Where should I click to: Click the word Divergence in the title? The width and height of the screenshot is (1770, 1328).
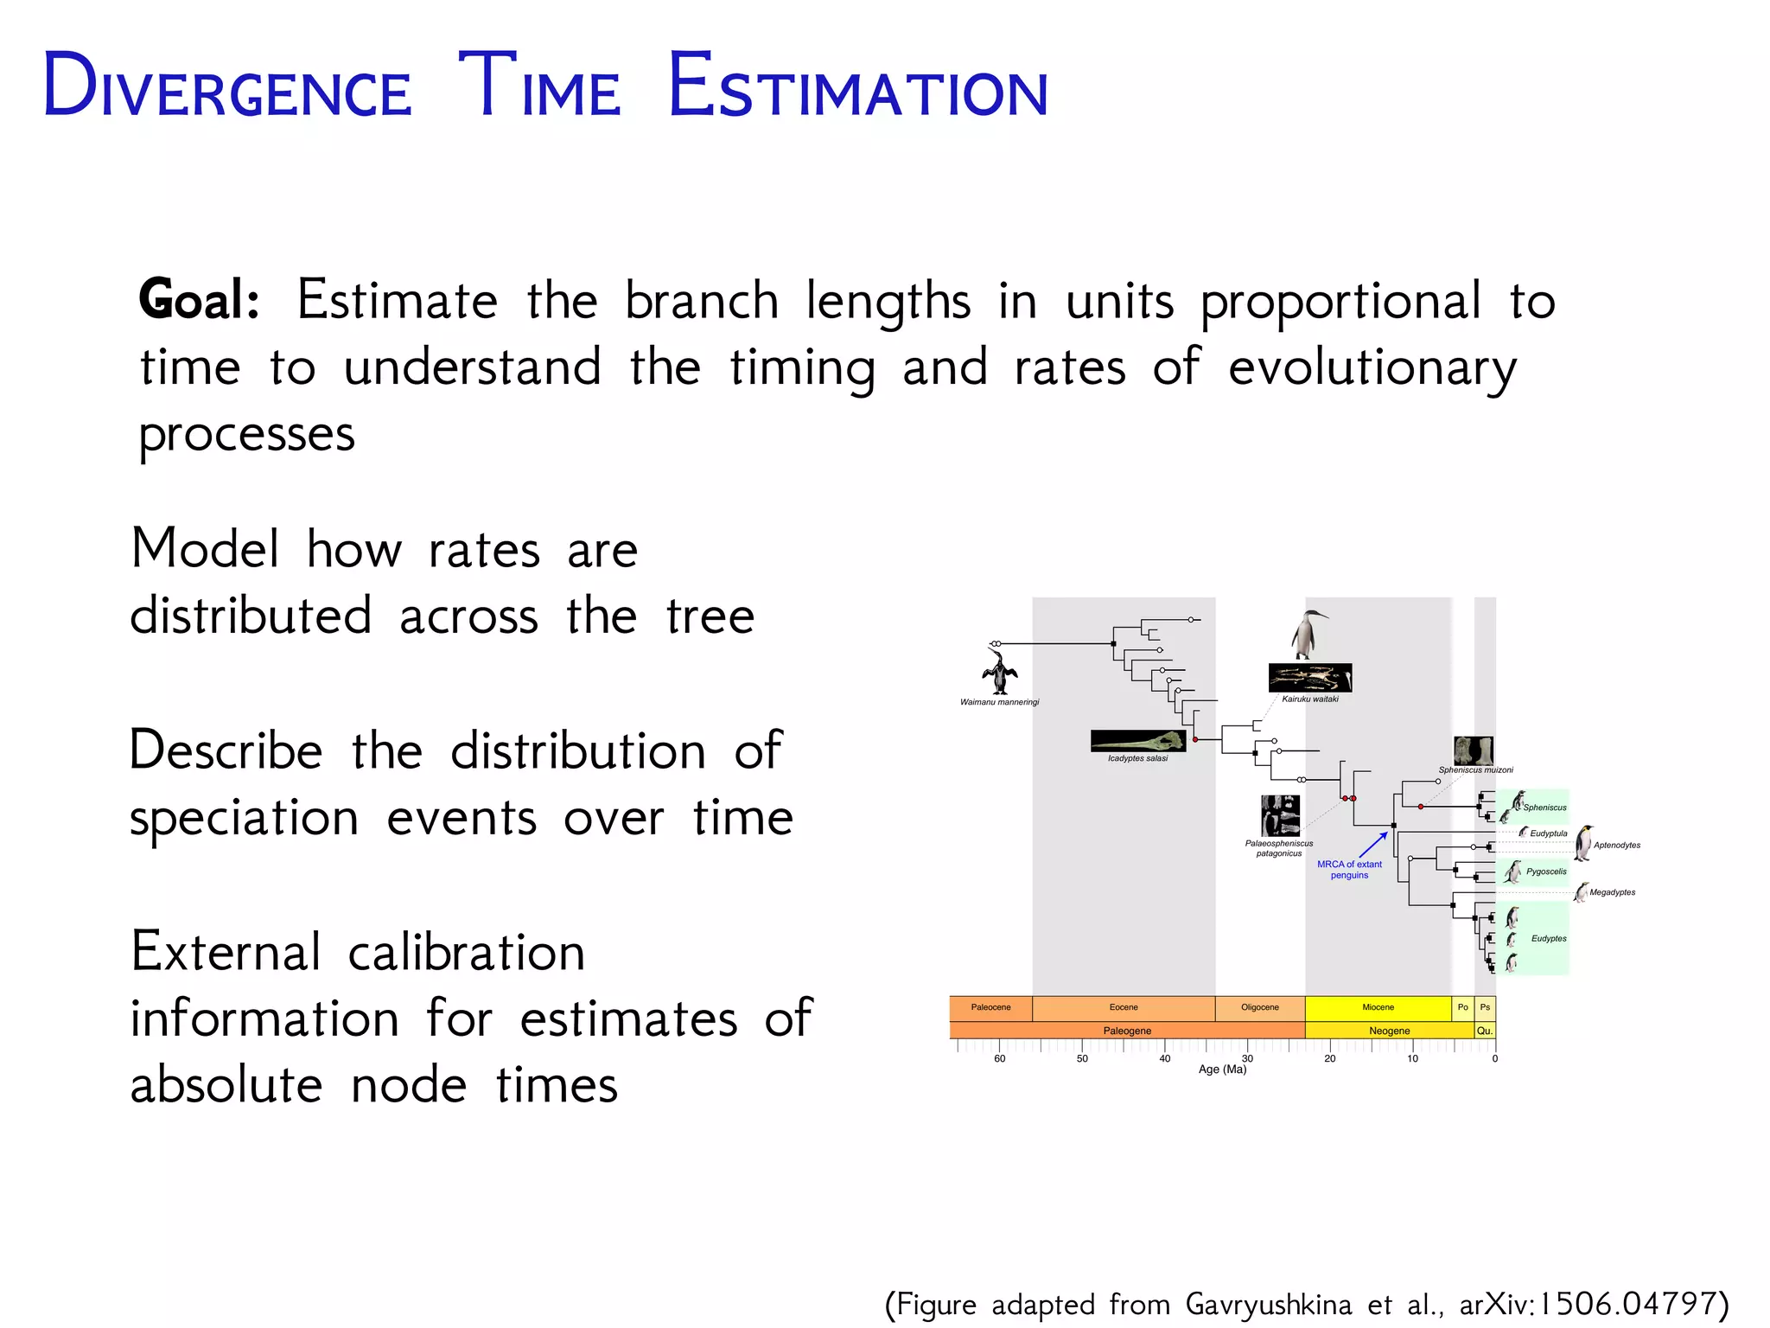point(227,86)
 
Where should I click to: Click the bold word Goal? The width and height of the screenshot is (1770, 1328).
point(200,300)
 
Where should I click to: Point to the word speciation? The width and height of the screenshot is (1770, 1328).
point(244,818)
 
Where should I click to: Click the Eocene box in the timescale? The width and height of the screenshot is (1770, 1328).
point(1124,1007)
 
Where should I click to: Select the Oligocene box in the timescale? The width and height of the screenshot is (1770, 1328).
point(1260,1007)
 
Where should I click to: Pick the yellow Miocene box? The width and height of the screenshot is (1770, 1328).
point(1378,1007)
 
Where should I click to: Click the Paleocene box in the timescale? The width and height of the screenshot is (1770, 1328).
point(990,1007)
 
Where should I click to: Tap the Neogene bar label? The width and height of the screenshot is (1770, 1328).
point(1389,1031)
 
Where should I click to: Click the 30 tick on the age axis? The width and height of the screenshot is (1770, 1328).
point(1247,1058)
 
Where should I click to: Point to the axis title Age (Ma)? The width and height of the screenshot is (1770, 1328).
point(1222,1069)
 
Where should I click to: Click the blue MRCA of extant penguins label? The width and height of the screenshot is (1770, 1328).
point(1349,869)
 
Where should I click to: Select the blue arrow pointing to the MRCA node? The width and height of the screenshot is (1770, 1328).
point(1373,845)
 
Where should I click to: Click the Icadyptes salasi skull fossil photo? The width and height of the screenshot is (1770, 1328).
point(1137,741)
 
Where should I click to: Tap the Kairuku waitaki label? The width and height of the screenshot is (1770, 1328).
point(1310,699)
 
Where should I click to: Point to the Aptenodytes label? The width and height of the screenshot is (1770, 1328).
point(1617,845)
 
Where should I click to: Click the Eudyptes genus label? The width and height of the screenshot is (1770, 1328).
point(1549,938)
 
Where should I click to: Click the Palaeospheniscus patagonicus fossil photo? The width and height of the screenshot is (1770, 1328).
point(1280,815)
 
